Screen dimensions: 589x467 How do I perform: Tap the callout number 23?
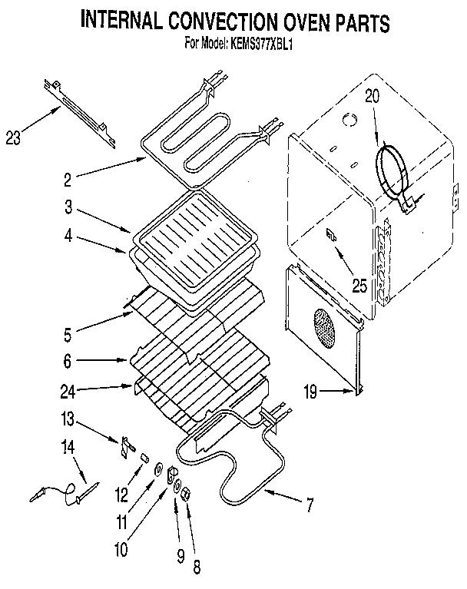pyautogui.click(x=12, y=138)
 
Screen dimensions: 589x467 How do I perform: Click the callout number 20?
pyautogui.click(x=372, y=97)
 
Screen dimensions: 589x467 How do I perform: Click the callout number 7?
pyautogui.click(x=310, y=505)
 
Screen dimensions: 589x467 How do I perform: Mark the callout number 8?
pyautogui.click(x=197, y=569)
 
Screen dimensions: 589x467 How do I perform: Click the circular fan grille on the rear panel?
pyautogui.click(x=323, y=329)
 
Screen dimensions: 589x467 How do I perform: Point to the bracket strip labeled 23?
pyautogui.click(x=81, y=109)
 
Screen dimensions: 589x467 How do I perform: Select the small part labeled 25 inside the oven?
pyautogui.click(x=333, y=235)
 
